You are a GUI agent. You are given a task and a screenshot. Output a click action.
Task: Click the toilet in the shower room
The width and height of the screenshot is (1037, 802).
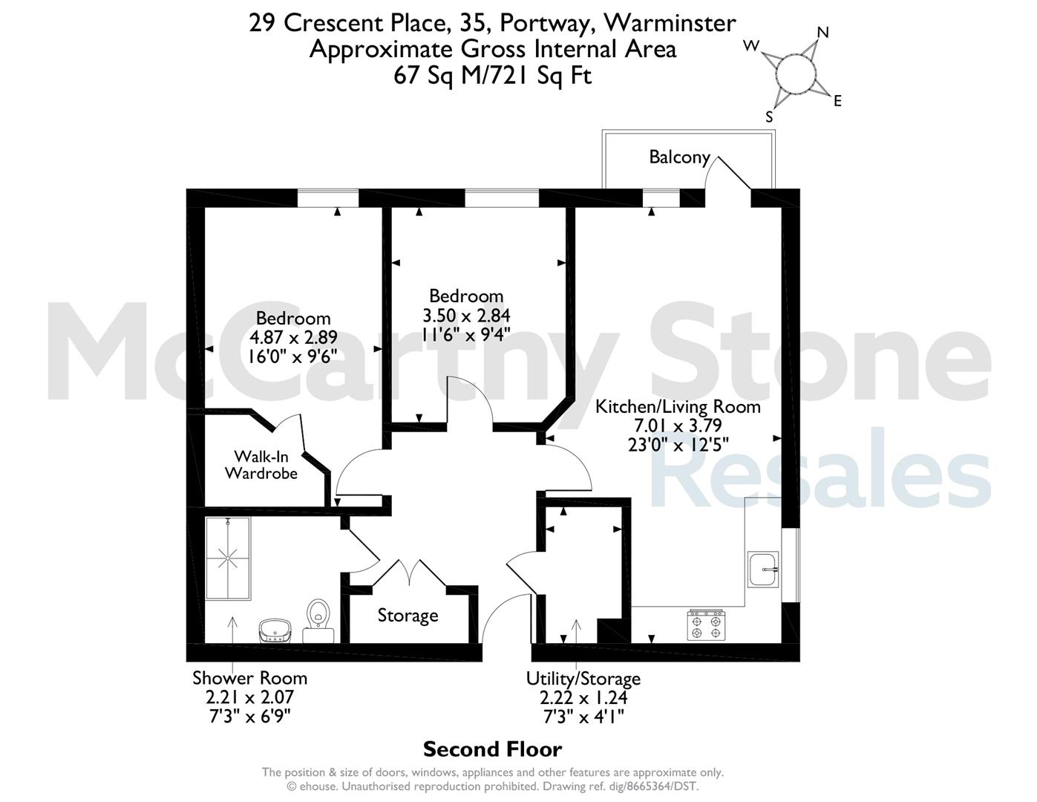(x=318, y=620)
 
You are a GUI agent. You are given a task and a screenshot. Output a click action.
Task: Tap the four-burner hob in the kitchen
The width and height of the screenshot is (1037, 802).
(x=706, y=625)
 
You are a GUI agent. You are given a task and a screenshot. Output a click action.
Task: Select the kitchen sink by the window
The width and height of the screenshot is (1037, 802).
(x=764, y=570)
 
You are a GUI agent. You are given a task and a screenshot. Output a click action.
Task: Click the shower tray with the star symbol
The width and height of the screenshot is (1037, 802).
(x=228, y=558)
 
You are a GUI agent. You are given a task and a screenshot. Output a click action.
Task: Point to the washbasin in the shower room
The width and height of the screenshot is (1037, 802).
(x=275, y=630)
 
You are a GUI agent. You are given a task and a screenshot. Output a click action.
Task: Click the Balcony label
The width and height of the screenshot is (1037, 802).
(x=679, y=157)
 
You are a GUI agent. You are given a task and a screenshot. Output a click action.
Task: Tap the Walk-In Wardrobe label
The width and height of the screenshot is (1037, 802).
(x=261, y=465)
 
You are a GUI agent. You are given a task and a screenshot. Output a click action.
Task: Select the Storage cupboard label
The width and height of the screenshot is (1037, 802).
(x=408, y=616)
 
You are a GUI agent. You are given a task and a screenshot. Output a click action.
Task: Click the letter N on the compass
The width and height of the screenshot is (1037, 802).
(x=823, y=32)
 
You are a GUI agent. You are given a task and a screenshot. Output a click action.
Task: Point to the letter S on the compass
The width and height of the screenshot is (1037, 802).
(x=769, y=117)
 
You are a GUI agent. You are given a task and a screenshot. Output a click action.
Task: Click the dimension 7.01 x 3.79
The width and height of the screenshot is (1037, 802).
(x=678, y=425)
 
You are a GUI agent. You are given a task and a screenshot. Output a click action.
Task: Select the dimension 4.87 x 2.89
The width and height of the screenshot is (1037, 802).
(x=293, y=337)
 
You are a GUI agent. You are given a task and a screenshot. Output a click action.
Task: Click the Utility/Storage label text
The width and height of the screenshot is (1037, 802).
(x=583, y=679)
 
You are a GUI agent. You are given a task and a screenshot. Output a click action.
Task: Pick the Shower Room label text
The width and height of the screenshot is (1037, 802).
(x=249, y=678)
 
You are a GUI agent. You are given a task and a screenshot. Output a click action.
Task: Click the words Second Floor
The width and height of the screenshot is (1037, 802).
(x=492, y=749)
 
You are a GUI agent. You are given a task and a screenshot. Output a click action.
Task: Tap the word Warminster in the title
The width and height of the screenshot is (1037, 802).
(x=670, y=23)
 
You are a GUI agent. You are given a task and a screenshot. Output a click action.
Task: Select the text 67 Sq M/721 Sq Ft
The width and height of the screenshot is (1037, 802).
(x=492, y=76)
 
